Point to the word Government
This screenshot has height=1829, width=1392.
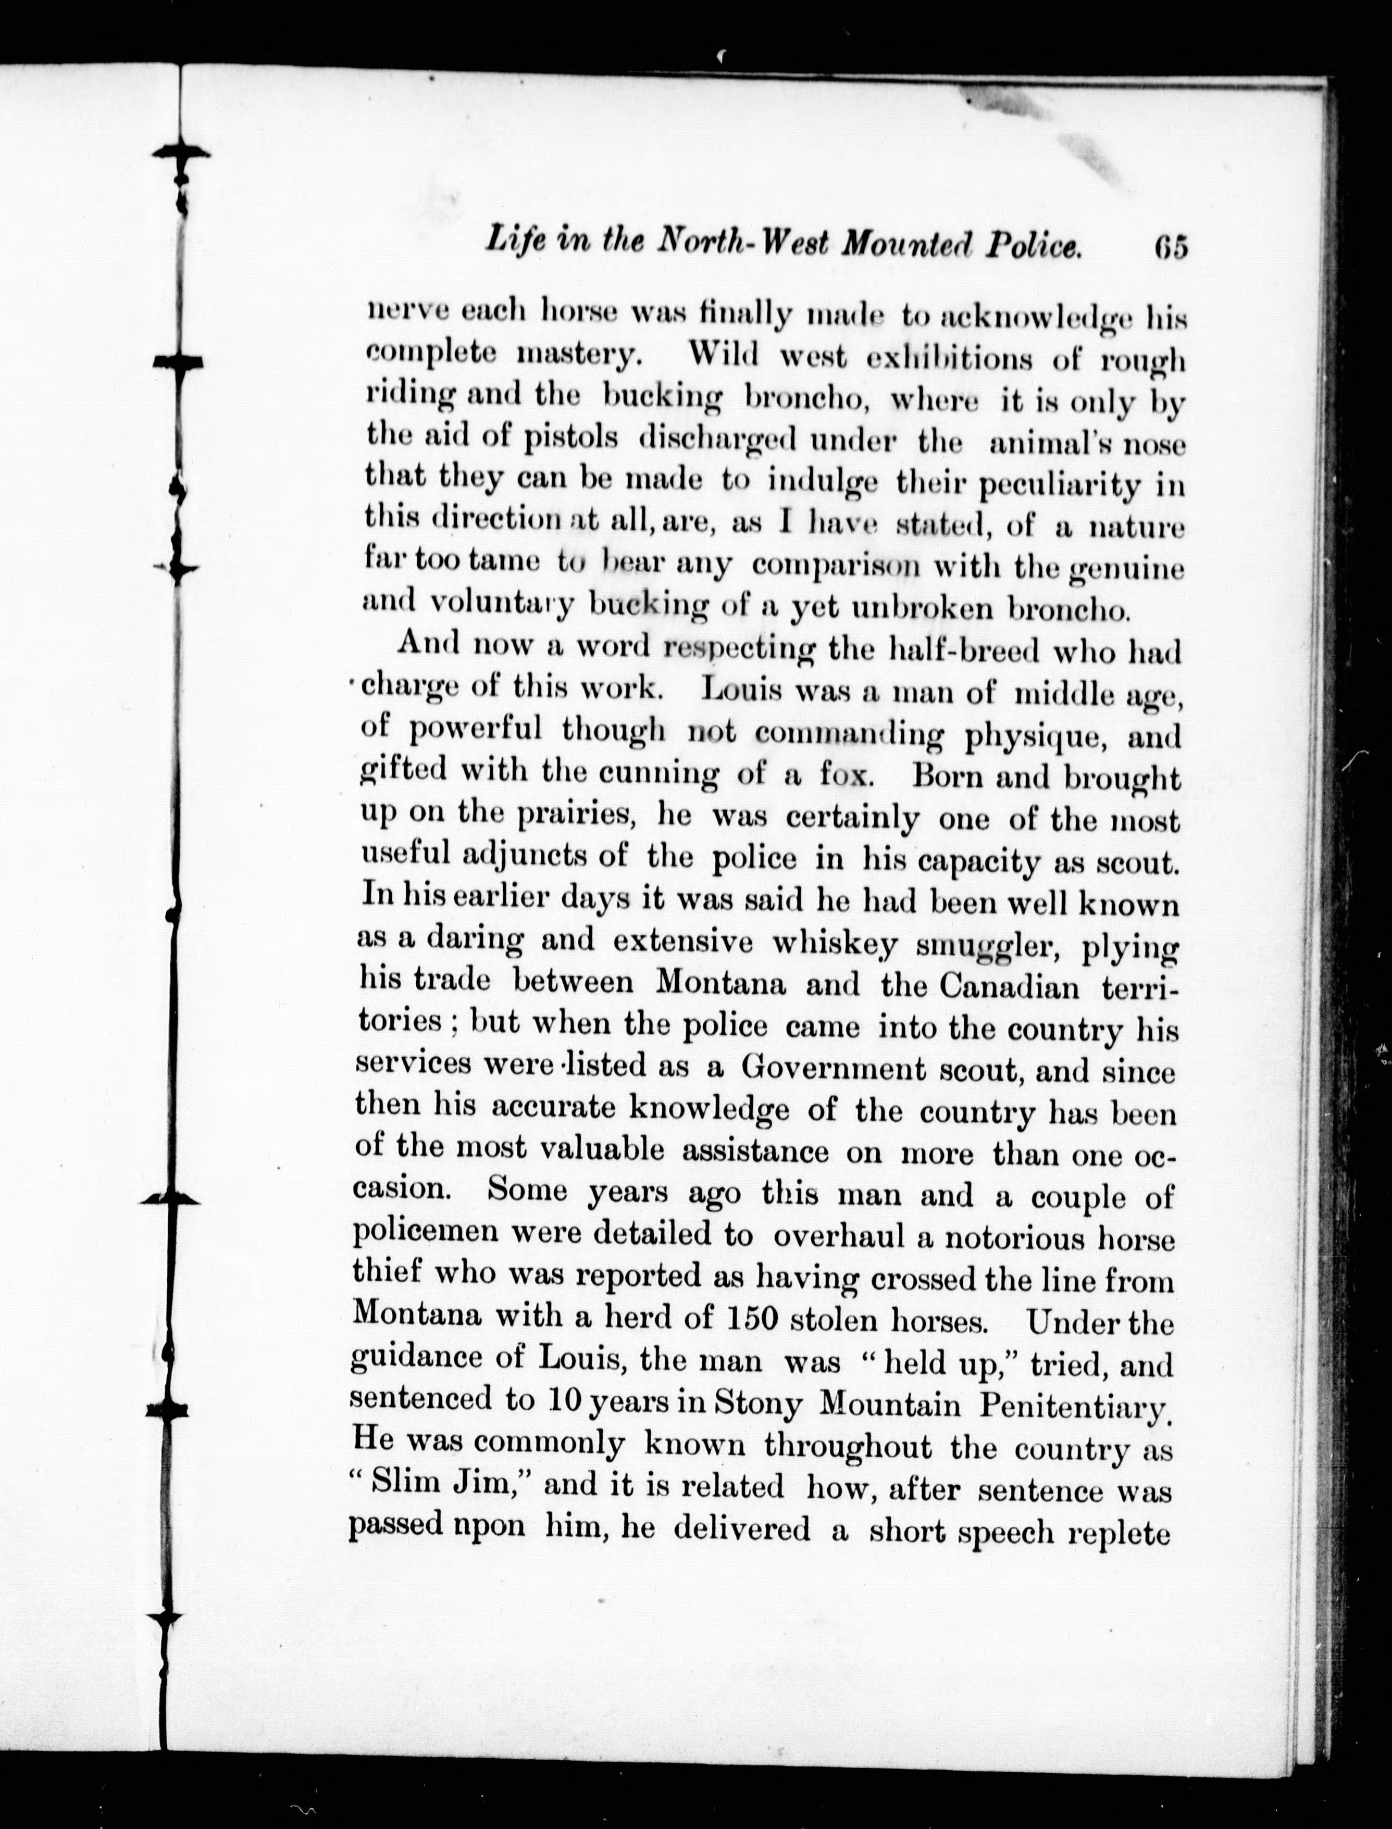(832, 1069)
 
